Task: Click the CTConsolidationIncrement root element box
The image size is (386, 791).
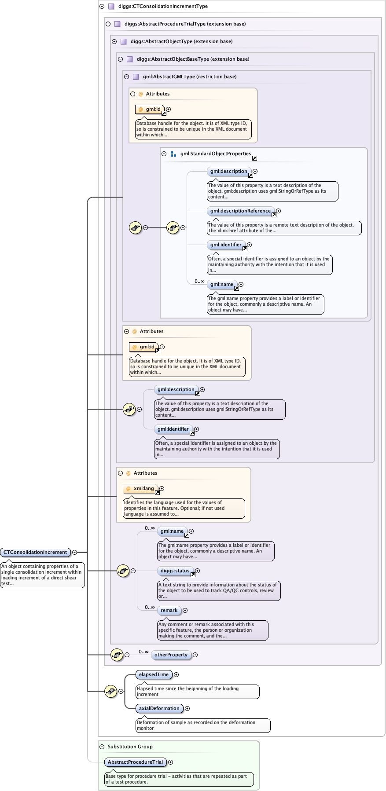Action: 35,552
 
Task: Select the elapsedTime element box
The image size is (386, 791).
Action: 154,674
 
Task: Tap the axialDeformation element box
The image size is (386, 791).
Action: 159,708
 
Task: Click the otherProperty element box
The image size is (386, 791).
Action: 171,655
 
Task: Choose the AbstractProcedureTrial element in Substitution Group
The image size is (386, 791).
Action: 135,762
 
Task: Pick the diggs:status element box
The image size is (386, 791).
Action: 175,571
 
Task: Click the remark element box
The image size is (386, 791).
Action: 169,610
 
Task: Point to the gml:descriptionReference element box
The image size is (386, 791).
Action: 240,211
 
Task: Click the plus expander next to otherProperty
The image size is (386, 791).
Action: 195,655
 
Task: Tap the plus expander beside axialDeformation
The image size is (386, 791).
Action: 187,708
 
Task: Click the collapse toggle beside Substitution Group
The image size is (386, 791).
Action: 102,747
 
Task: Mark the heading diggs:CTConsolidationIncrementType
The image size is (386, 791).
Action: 163,6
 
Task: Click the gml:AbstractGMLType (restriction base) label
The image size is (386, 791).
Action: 189,77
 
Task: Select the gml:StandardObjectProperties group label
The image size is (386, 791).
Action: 215,154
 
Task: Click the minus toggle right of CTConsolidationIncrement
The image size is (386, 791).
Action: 75,552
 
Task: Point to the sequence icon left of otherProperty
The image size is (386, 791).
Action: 117,655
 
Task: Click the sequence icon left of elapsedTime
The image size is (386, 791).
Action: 110,691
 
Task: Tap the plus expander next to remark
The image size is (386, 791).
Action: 185,610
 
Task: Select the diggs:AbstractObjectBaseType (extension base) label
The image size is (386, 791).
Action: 193,59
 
